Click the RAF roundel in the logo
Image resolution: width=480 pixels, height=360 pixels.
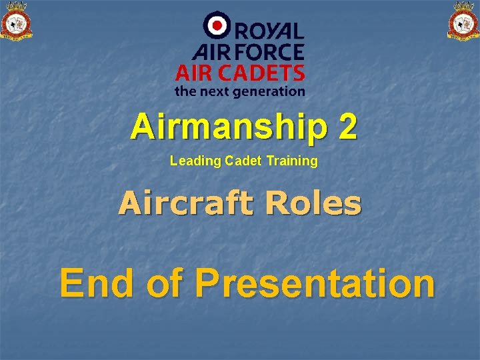coord(217,25)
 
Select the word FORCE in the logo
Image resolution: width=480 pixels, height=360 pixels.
coord(269,51)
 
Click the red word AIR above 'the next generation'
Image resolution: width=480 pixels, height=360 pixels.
coord(194,72)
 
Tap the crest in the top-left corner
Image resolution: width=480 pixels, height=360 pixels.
coord(17,21)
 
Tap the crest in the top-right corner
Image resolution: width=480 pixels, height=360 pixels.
coord(463,21)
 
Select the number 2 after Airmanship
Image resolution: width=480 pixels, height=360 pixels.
coord(347,127)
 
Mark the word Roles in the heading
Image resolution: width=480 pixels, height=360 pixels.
coord(313,203)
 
